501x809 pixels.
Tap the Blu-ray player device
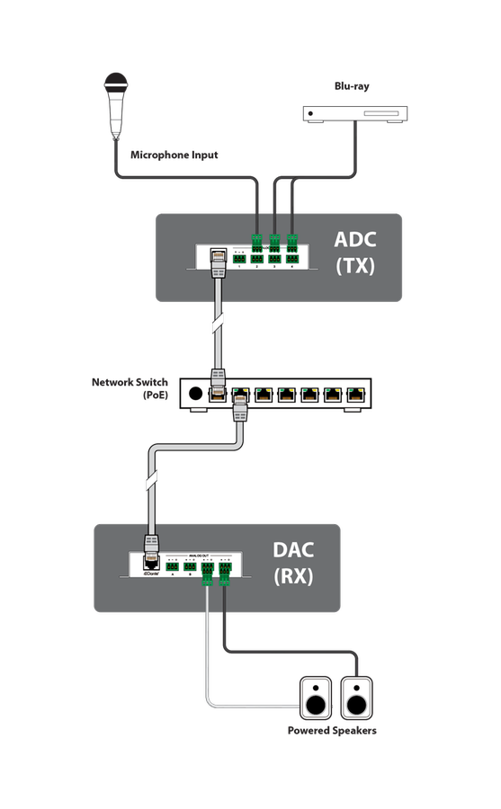pyautogui.click(x=355, y=114)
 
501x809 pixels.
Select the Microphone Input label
pyautogui.click(x=174, y=155)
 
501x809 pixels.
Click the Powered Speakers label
pyautogui.click(x=332, y=730)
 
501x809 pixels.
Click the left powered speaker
pyautogui.click(x=316, y=698)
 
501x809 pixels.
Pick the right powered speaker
pyautogui.click(x=355, y=698)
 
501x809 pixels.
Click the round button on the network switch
pyautogui.click(x=195, y=393)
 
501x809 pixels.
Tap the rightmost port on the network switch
pyautogui.click(x=358, y=394)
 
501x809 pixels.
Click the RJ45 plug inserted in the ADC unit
pyautogui.click(x=217, y=262)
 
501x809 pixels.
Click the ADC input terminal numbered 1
pyautogui.click(x=239, y=259)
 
